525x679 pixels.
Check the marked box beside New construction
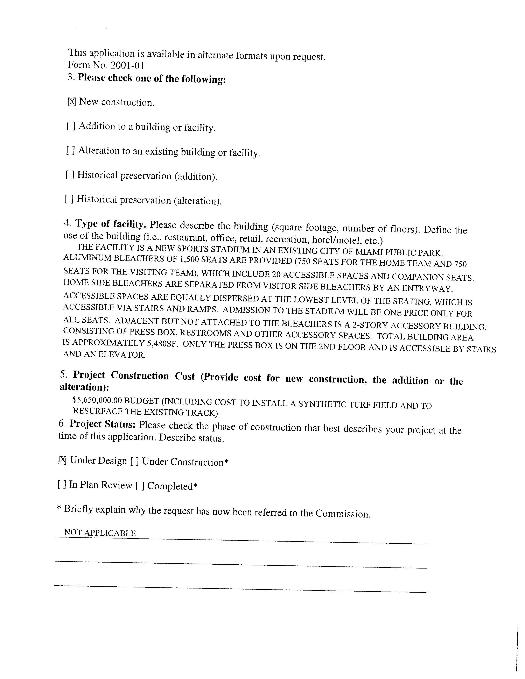point(71,102)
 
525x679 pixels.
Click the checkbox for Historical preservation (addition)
point(70,175)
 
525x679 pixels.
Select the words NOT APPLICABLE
point(100,533)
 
